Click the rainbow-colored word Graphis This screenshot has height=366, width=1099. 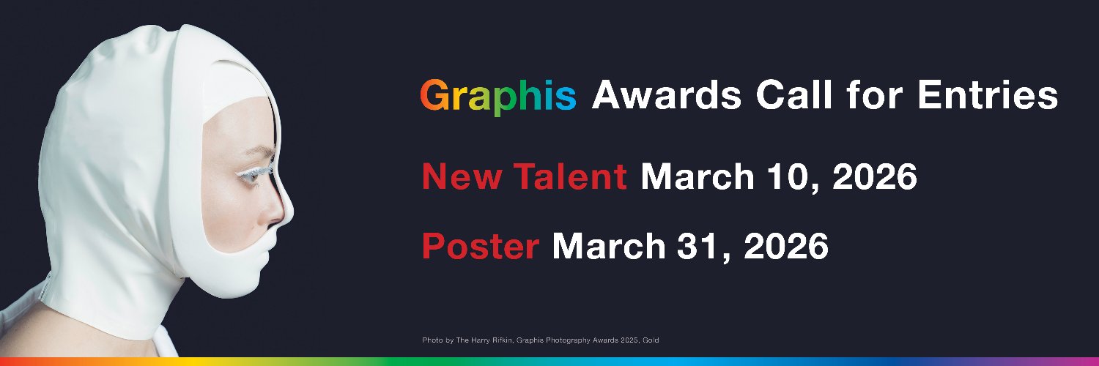[498, 97]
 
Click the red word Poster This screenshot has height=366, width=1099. [481, 247]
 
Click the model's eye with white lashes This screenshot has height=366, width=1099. [264, 168]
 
